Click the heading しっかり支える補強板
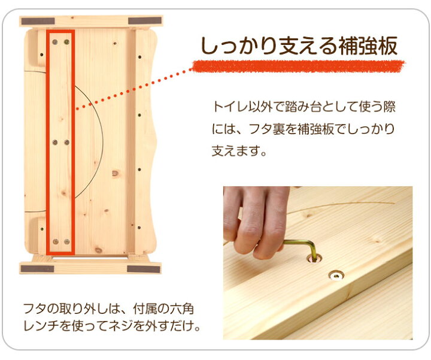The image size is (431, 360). point(299,46)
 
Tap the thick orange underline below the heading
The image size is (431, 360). point(298,66)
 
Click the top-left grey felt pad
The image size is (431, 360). point(38,21)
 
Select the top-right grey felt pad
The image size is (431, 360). point(145,20)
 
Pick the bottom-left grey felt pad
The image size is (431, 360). point(37,269)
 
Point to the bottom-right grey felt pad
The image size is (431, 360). point(144,269)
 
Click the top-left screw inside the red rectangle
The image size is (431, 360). point(55,42)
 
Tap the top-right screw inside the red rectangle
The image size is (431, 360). point(67,42)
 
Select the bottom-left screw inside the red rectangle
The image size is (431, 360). point(56,242)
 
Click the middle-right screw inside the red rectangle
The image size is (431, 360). point(67,142)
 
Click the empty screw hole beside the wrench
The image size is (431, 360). point(336,276)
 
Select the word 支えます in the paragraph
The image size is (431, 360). point(235,151)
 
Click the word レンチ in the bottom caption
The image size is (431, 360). point(41,326)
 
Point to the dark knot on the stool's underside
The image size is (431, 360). point(115,174)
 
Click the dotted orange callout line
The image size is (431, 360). point(134,89)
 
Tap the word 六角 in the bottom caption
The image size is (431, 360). point(182,309)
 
